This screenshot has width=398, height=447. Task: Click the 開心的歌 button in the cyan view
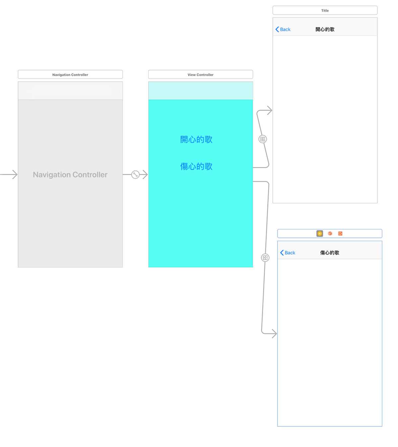click(196, 140)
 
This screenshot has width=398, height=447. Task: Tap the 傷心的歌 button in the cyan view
click(196, 166)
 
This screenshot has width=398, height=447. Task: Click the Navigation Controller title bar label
click(70, 75)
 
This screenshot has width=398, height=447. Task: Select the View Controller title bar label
click(200, 75)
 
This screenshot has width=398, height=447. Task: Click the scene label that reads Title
click(325, 11)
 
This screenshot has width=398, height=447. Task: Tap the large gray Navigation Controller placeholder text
click(70, 175)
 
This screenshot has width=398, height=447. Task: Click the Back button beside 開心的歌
click(283, 30)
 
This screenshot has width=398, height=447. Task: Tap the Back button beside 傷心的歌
click(288, 253)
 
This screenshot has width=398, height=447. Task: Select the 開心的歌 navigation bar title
click(325, 30)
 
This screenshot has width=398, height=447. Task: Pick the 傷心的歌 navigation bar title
click(329, 253)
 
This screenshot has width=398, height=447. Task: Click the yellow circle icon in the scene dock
click(320, 233)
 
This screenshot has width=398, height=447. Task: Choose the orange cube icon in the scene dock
click(330, 233)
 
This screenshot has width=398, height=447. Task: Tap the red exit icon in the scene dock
click(340, 233)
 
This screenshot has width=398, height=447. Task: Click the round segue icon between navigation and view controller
click(135, 174)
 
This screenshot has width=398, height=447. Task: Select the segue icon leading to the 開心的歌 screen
click(263, 139)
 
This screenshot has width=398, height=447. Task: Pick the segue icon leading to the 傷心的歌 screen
click(265, 258)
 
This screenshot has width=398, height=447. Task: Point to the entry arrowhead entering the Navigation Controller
click(15, 174)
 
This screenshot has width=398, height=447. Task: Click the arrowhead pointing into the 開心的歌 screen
click(270, 110)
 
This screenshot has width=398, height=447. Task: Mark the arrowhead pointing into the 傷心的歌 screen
click(274, 334)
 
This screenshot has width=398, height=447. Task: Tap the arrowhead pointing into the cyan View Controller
click(145, 174)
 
